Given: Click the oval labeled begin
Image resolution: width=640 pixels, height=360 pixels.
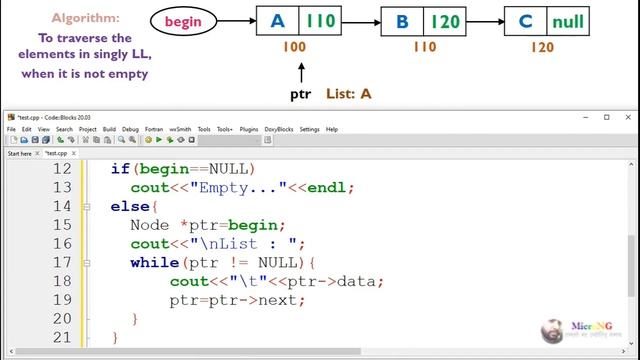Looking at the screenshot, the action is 183,21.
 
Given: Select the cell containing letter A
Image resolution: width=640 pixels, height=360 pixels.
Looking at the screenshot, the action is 277,21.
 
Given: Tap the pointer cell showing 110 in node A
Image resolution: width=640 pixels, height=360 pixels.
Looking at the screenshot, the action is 320,21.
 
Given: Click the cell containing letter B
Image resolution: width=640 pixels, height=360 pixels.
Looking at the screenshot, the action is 402,21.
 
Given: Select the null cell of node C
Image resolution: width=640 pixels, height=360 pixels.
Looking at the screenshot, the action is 567,21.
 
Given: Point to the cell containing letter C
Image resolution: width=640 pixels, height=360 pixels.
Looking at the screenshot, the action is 525,21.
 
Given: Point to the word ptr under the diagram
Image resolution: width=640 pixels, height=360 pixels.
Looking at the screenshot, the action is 300,94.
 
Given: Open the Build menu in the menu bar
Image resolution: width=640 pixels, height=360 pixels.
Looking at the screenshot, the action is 109,129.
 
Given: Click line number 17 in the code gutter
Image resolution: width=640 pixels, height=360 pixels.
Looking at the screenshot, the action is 61,262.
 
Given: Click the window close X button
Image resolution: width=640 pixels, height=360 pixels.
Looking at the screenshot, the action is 627,117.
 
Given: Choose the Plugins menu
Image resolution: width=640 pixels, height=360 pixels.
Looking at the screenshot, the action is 249,129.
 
